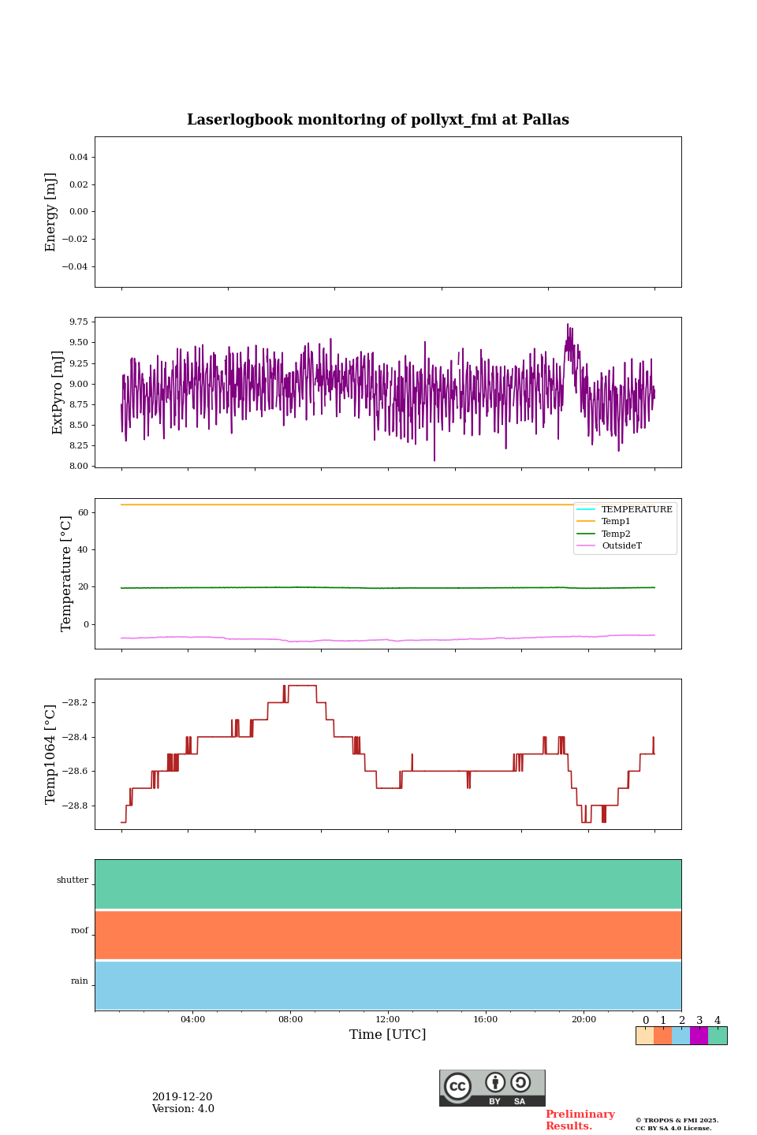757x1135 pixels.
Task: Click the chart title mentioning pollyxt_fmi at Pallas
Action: coord(378,120)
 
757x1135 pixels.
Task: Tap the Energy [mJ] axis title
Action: coord(51,212)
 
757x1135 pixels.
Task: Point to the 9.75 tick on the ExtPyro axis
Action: coord(79,322)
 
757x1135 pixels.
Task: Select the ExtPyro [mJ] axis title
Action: coord(58,393)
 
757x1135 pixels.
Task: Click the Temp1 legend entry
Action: coord(616,522)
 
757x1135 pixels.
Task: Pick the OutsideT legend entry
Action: coord(621,546)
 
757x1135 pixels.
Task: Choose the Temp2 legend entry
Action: coord(616,534)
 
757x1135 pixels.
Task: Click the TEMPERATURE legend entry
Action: coord(636,509)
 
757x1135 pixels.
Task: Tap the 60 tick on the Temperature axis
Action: coord(83,512)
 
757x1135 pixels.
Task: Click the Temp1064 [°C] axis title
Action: coord(51,754)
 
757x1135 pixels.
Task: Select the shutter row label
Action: coord(73,880)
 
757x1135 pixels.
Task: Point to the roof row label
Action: coord(80,931)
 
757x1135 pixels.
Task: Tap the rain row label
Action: coord(80,981)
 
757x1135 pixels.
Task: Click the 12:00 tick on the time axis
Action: coord(388,1020)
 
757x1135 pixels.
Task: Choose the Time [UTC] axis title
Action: coord(388,1035)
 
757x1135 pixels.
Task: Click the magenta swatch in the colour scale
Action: coord(699,1036)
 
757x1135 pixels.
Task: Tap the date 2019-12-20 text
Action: coord(182,1097)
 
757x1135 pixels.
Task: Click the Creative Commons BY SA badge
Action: coord(492,1088)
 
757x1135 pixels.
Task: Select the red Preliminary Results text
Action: coord(580,1120)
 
